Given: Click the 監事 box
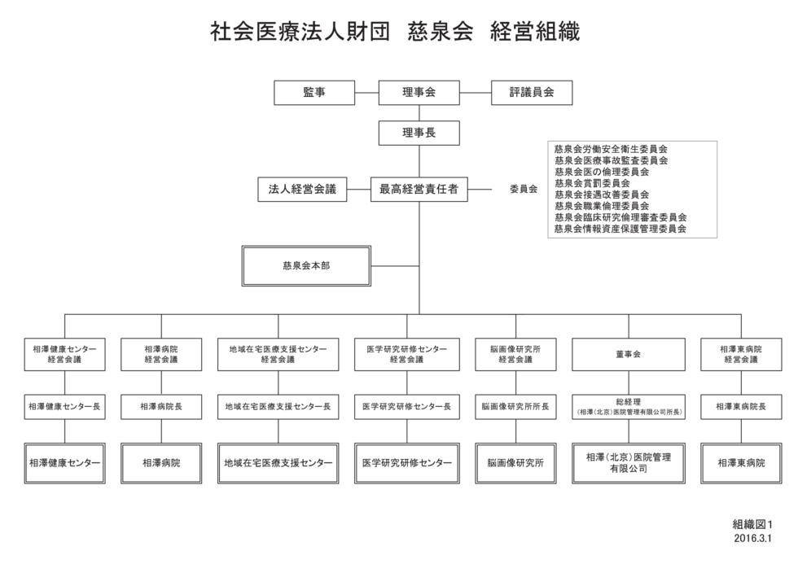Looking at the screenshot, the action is (x=314, y=93).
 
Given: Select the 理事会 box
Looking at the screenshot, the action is (x=419, y=93).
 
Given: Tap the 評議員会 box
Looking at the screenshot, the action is (x=531, y=93).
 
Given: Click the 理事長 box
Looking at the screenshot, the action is (x=419, y=133).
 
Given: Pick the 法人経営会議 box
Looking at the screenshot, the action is (x=302, y=189).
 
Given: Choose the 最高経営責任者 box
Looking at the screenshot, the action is (x=419, y=189).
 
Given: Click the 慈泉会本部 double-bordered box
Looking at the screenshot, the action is (x=306, y=266).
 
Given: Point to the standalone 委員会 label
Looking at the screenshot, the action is (x=524, y=189).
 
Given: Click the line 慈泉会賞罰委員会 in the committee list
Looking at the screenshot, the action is (x=593, y=183).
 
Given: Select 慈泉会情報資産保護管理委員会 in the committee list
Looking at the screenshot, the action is (x=620, y=229).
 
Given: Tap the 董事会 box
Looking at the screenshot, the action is (x=629, y=355).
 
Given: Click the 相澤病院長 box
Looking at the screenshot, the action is (x=161, y=407).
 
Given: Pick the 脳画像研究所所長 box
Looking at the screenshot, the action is (x=515, y=407).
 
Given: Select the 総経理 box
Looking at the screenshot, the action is (x=629, y=407).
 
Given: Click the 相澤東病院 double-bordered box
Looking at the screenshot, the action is (x=741, y=463).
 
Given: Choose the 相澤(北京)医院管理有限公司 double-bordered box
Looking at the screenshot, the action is (x=629, y=463).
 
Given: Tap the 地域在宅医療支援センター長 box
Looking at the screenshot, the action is (x=278, y=407).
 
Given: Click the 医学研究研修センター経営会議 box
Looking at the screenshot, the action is (x=407, y=355).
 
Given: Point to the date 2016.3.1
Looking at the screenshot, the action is (x=752, y=538).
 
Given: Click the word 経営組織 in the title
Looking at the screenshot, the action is (x=535, y=32).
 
